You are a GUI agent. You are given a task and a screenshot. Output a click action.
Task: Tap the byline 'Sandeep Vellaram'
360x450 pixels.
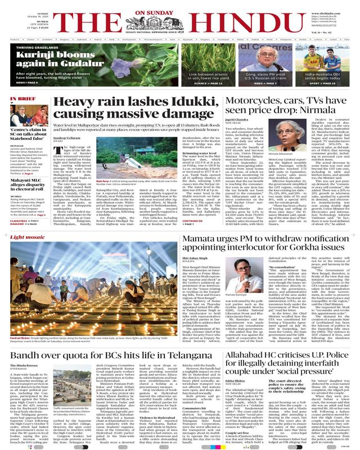[x=70, y=137]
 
